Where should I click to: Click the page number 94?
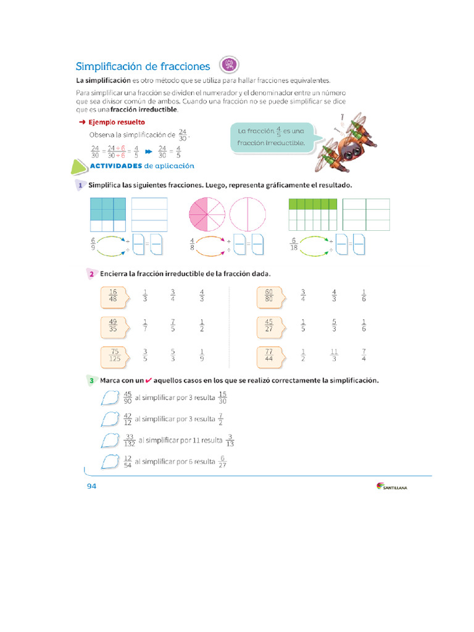91,486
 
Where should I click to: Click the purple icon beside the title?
229,65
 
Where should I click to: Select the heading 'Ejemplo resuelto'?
116,122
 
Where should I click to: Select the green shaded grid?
313,215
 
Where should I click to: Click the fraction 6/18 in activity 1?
294,245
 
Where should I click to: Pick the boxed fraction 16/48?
113,296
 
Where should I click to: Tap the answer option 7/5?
173,326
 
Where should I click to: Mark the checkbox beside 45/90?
109,399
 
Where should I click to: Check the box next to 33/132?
109,440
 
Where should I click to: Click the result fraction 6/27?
223,462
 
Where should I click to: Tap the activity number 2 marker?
91,274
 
